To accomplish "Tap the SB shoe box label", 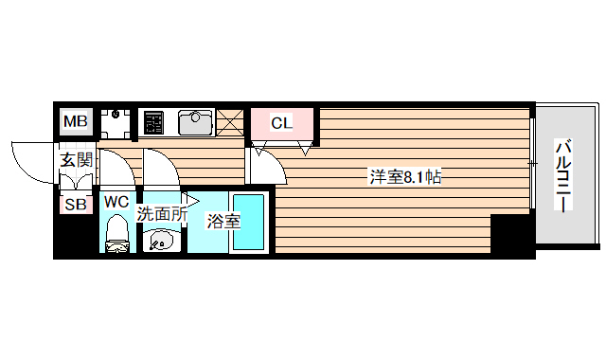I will point(74,204).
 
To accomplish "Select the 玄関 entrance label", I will point(77,159).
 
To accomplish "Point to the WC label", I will point(116,201).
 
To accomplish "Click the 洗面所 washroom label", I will point(161,214).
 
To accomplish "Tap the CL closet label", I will point(282,123).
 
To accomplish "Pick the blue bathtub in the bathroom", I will point(249,223).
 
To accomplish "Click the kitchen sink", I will point(193,123).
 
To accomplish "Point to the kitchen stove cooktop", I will point(152,123).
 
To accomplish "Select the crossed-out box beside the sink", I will point(229,123).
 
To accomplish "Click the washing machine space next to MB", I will point(116,123).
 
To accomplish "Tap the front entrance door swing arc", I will point(28,156).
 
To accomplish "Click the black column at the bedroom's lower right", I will point(512,236).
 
